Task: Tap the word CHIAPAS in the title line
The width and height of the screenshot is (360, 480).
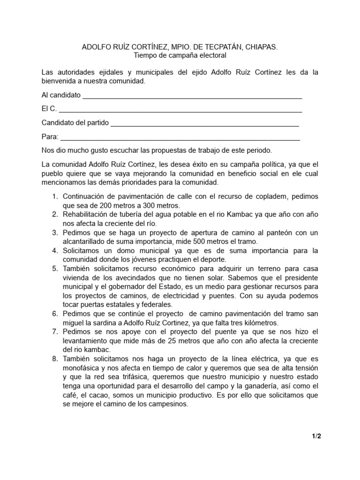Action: [x=261, y=47]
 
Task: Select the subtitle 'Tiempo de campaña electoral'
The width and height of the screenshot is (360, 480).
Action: [x=180, y=55]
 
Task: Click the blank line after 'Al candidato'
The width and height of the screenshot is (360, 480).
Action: [x=192, y=96]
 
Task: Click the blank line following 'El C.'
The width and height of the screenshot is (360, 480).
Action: [x=180, y=110]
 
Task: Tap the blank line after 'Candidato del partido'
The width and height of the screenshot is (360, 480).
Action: [x=204, y=123]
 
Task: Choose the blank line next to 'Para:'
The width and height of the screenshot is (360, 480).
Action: [x=180, y=137]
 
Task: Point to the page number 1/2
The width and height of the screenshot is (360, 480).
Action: [x=316, y=436]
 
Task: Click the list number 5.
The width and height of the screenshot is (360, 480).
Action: [x=54, y=269]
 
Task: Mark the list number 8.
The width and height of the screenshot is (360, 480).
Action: [x=54, y=359]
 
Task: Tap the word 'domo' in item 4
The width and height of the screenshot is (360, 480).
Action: [x=119, y=251]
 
